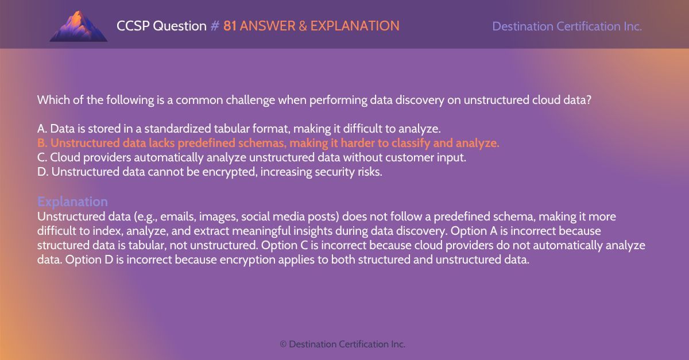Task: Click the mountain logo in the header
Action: [78, 26]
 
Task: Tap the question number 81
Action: [230, 26]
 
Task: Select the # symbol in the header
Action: [215, 26]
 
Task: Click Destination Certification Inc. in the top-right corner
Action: [567, 26]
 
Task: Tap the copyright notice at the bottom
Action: [342, 344]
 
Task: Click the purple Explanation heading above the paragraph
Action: [72, 202]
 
